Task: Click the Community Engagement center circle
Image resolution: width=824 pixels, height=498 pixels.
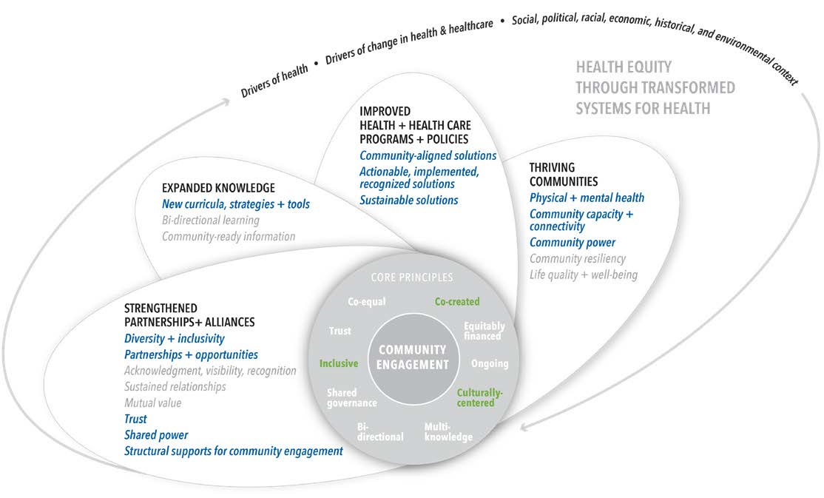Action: click(x=413, y=357)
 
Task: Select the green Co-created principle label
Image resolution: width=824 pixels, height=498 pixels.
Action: click(x=456, y=301)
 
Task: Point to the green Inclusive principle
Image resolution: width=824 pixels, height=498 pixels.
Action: click(x=338, y=363)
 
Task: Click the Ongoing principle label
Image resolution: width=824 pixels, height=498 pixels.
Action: click(x=490, y=363)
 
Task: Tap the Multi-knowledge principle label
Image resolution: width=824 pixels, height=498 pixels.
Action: click(x=448, y=431)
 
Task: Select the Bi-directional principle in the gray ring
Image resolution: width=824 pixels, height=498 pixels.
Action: click(x=379, y=431)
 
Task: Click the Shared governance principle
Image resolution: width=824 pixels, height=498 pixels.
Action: click(x=351, y=397)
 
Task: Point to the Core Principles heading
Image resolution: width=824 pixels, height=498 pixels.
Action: click(x=412, y=277)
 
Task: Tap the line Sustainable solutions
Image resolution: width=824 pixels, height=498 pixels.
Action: click(x=408, y=200)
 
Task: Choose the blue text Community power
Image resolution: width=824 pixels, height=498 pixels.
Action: click(x=572, y=243)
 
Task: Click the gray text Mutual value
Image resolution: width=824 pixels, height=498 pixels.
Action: click(x=152, y=403)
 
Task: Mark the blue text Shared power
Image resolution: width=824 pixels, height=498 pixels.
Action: click(x=155, y=435)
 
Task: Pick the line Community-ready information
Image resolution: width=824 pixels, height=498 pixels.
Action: click(x=229, y=236)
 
